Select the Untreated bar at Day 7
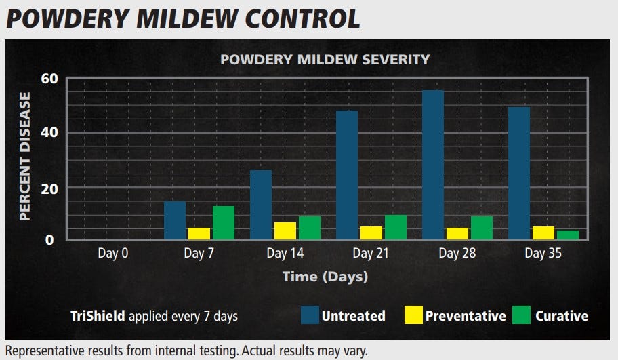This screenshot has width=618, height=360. [175, 220]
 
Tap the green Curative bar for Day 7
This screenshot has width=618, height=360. [223, 223]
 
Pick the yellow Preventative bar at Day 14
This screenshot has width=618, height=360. [285, 231]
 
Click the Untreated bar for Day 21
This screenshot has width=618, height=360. [347, 175]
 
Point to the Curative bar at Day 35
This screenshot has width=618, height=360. [567, 235]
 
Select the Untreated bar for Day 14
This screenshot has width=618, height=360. [261, 205]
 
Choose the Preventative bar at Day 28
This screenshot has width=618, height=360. [457, 233]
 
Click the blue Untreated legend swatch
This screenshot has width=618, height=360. [310, 315]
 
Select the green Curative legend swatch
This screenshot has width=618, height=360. [520, 315]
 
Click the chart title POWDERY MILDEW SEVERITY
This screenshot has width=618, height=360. [325, 59]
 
